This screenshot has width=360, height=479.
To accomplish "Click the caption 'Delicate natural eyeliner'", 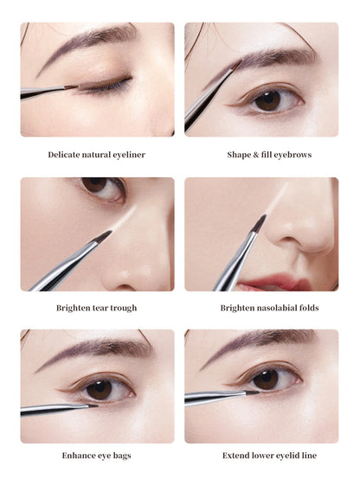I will click(97, 155).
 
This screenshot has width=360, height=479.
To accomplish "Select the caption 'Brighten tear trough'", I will click(97, 307).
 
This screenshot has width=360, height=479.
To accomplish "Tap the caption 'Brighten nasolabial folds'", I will click(261, 307).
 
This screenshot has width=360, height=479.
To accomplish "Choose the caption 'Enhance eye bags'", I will click(97, 455).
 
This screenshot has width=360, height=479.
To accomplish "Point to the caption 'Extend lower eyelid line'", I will click(261, 455).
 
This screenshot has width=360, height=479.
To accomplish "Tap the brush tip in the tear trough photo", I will click(103, 235).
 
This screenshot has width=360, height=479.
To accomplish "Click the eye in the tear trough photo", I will click(100, 188).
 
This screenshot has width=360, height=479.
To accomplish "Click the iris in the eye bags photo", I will click(99, 389).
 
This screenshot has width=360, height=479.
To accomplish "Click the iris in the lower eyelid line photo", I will click(266, 379).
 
